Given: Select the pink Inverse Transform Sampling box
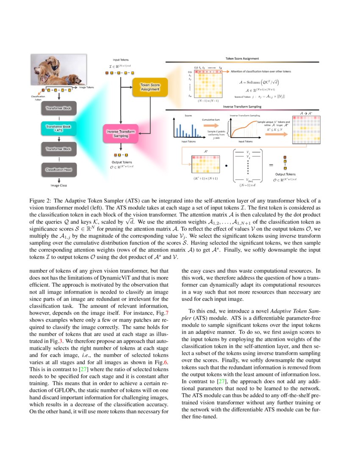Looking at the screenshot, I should tap(121, 134).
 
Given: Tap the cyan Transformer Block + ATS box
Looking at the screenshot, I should tap(58, 129).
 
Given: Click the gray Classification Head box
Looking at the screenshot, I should tap(58, 169).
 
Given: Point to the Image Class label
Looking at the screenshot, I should tap(58, 185).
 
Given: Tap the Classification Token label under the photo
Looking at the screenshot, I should tap(38, 98).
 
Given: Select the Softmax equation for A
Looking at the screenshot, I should tap(258, 81).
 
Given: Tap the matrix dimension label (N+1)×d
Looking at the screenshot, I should tap(247, 185).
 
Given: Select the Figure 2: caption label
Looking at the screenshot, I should tap(41, 200).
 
